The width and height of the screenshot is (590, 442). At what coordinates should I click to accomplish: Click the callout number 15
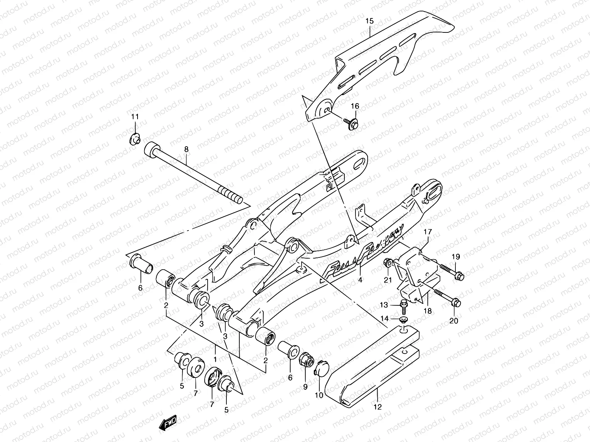point(369,21)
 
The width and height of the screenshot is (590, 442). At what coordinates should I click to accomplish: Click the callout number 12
point(378,407)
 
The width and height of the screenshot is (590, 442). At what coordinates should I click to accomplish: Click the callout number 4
point(360,280)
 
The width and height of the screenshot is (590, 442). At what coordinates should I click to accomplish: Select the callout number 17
point(427,232)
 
